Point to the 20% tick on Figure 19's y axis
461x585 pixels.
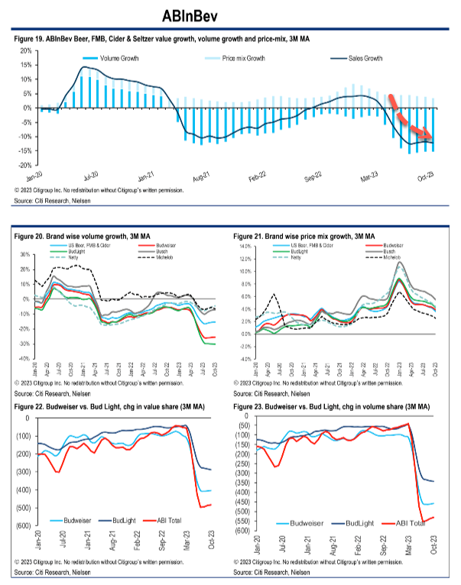tap(25, 50)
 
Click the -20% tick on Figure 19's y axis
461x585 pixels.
tap(24, 165)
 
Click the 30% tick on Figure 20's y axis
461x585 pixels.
tap(24, 254)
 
